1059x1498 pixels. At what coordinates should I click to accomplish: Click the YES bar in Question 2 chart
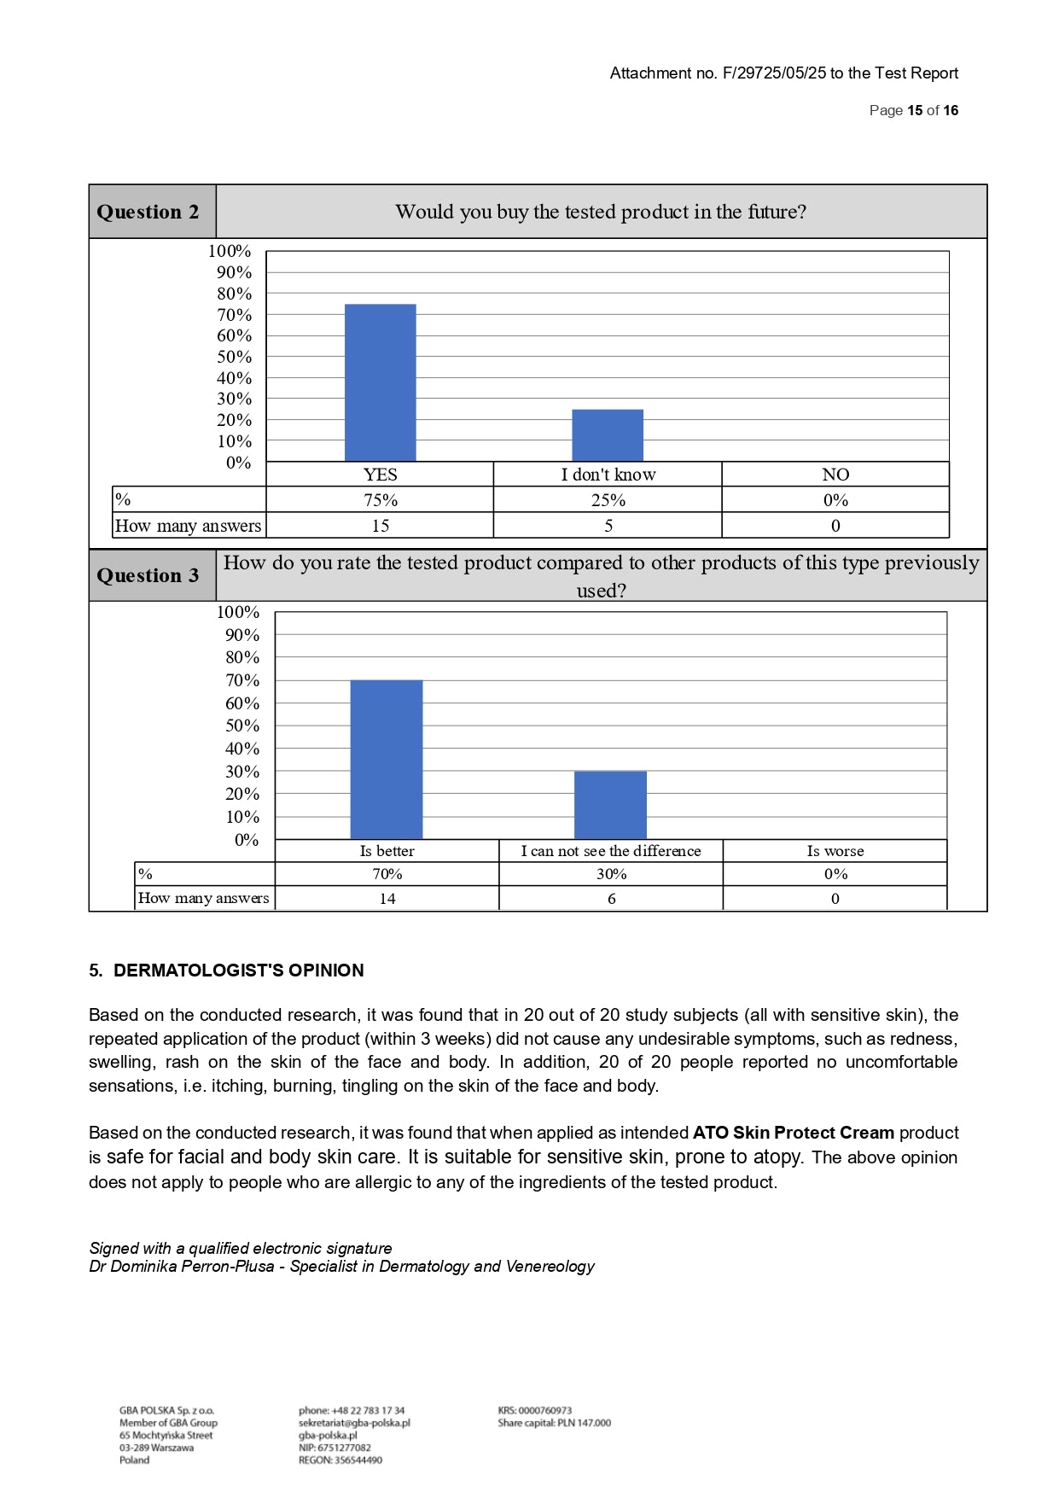tap(380, 382)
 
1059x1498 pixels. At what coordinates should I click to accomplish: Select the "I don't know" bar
tap(608, 435)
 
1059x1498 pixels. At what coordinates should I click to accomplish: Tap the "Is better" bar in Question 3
tap(387, 759)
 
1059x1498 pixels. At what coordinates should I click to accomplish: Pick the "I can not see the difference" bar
tap(610, 805)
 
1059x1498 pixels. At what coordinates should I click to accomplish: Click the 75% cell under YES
tap(380, 500)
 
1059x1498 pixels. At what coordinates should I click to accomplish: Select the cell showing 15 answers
tap(380, 526)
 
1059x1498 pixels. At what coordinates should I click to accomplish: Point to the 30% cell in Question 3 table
tap(611, 874)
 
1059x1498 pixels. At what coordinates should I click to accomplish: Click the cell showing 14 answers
tap(387, 898)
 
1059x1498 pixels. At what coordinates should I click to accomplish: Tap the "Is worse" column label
tap(835, 851)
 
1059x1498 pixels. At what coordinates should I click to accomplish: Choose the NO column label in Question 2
tap(835, 475)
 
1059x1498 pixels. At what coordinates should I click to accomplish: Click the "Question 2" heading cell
tap(148, 212)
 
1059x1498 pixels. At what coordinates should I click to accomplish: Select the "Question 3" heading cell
tap(148, 575)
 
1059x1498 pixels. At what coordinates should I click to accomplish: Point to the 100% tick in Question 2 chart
tap(230, 251)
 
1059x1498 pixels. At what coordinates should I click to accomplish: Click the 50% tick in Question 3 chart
tap(241, 726)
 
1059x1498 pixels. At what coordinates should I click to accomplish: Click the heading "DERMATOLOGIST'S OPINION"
tap(238, 970)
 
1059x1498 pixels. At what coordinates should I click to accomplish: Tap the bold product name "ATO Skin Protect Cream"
tap(793, 1133)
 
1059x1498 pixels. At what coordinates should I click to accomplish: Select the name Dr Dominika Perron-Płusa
tap(182, 1267)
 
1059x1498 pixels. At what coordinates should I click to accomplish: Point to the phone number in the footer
tap(352, 1411)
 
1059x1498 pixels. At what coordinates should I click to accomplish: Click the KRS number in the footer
tap(535, 1411)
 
